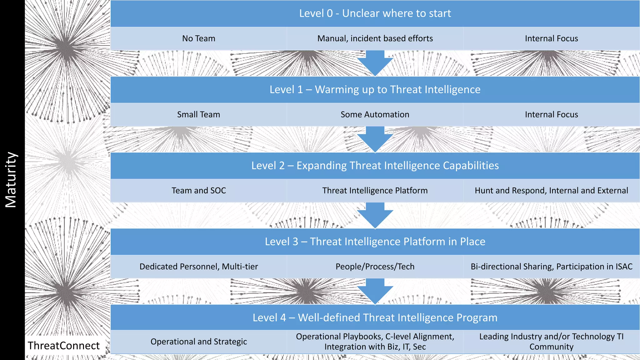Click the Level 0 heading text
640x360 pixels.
tap(375, 13)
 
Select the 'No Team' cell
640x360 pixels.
tap(199, 38)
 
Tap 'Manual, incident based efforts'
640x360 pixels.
tap(375, 38)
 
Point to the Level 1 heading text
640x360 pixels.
tap(375, 90)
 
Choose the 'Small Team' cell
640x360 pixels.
tap(199, 115)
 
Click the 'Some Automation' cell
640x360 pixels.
tap(375, 115)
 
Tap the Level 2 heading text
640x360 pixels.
tap(375, 166)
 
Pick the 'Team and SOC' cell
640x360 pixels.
tap(199, 191)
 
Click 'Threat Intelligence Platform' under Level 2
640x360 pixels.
tap(375, 191)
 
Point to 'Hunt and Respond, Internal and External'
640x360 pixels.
tap(551, 191)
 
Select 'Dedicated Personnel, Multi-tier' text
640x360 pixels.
tap(199, 267)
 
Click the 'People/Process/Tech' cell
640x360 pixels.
tap(375, 267)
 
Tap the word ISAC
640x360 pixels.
tap(624, 267)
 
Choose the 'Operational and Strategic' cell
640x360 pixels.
tap(199, 342)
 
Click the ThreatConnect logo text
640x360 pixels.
tap(64, 346)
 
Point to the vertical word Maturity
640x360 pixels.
tap(11, 180)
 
